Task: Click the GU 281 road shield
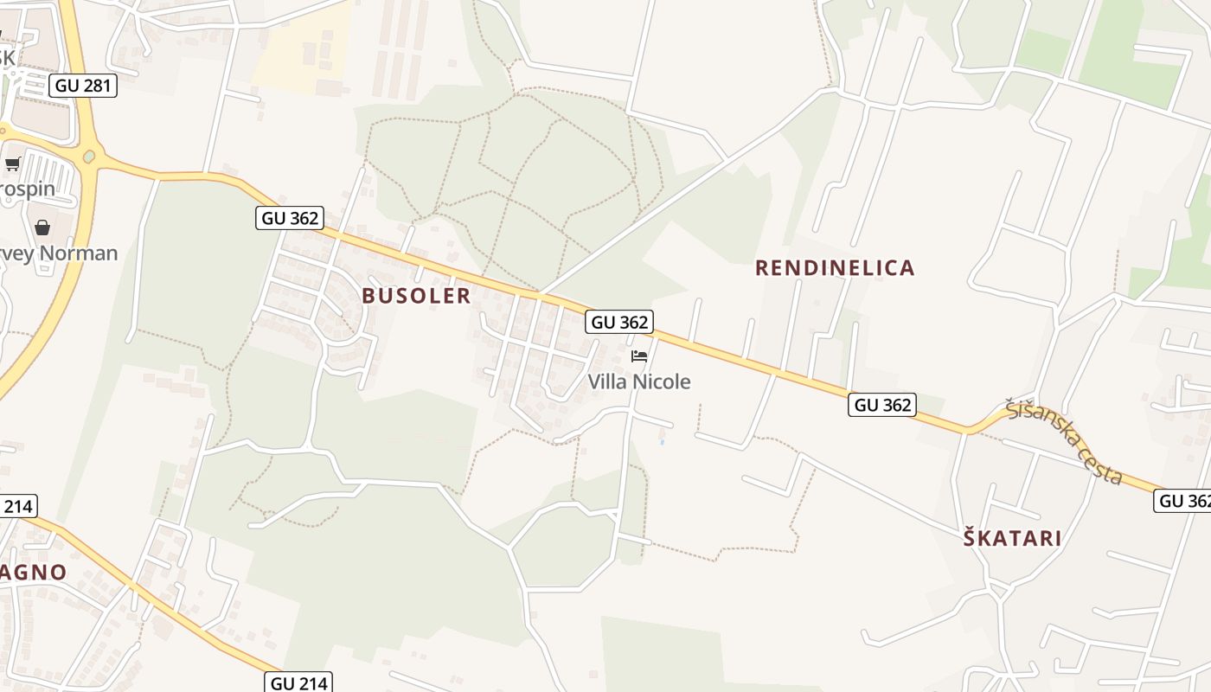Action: tap(82, 86)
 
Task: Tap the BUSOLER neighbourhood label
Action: tap(416, 296)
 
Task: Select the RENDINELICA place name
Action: tap(835, 268)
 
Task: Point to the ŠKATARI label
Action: tap(1013, 538)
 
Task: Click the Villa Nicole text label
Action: tap(639, 381)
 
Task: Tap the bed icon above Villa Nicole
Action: tap(639, 356)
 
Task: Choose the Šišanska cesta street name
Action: tap(1065, 441)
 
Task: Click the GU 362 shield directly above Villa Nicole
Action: tap(618, 323)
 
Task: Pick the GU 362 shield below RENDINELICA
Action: tap(881, 405)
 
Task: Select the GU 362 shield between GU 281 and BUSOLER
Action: tap(290, 218)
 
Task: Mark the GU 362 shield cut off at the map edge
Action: tap(1183, 501)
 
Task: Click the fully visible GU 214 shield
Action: tap(299, 682)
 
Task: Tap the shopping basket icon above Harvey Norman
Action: tap(42, 227)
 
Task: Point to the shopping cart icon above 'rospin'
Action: tap(13, 163)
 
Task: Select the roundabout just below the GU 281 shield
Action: tap(90, 157)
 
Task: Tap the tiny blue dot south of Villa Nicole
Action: tap(662, 442)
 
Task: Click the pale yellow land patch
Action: tap(303, 52)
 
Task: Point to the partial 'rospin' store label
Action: tap(28, 189)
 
